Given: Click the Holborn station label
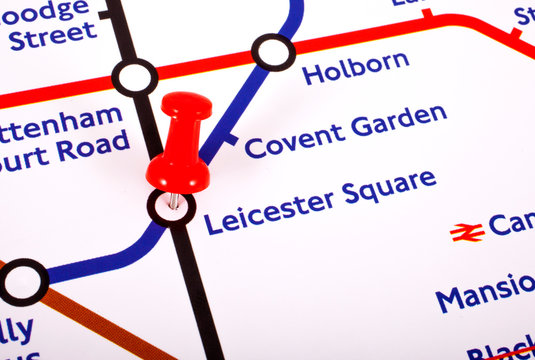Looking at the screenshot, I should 355,68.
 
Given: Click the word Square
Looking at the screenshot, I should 389,187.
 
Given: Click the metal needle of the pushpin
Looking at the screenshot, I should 174,200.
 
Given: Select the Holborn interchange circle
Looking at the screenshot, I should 273,52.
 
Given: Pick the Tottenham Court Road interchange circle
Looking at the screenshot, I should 135,78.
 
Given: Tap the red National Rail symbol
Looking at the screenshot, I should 467,232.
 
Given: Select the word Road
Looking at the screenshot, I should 93,150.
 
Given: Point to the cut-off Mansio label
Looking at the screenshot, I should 485,293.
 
